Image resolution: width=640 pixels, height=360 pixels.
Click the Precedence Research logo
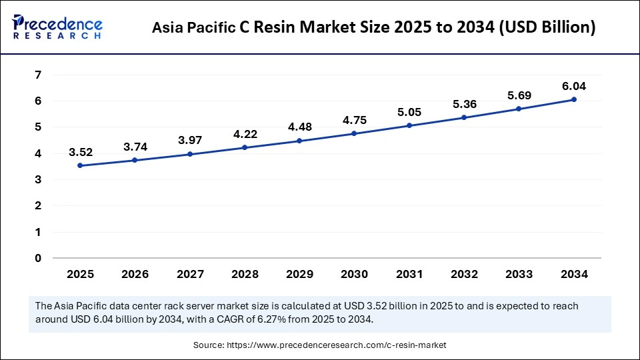pyautogui.click(x=57, y=26)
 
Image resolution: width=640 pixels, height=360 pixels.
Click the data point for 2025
pyautogui.click(x=80, y=165)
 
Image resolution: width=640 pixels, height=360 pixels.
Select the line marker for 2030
pyautogui.click(x=354, y=133)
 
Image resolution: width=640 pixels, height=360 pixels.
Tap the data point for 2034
pyautogui.click(x=573, y=99)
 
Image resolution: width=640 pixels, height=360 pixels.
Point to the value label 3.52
pyautogui.click(x=80, y=153)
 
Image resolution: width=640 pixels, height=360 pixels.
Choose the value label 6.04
pyautogui.click(x=573, y=87)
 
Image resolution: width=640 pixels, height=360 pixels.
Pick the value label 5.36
pyautogui.click(x=464, y=105)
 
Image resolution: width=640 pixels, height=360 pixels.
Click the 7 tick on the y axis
pyautogui.click(x=38, y=75)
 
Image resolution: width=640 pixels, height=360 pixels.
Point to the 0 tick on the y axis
pyautogui.click(x=38, y=258)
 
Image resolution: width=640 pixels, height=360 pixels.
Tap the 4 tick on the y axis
pyautogui.click(x=38, y=153)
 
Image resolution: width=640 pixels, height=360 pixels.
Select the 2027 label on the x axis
pyautogui.click(x=189, y=274)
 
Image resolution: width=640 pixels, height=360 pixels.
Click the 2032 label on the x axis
pyautogui.click(x=464, y=274)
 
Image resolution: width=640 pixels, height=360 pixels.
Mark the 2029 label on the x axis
pyautogui.click(x=299, y=274)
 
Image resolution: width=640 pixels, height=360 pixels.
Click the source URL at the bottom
pyautogui.click(x=337, y=345)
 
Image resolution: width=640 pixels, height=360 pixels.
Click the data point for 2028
pyautogui.click(x=245, y=147)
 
